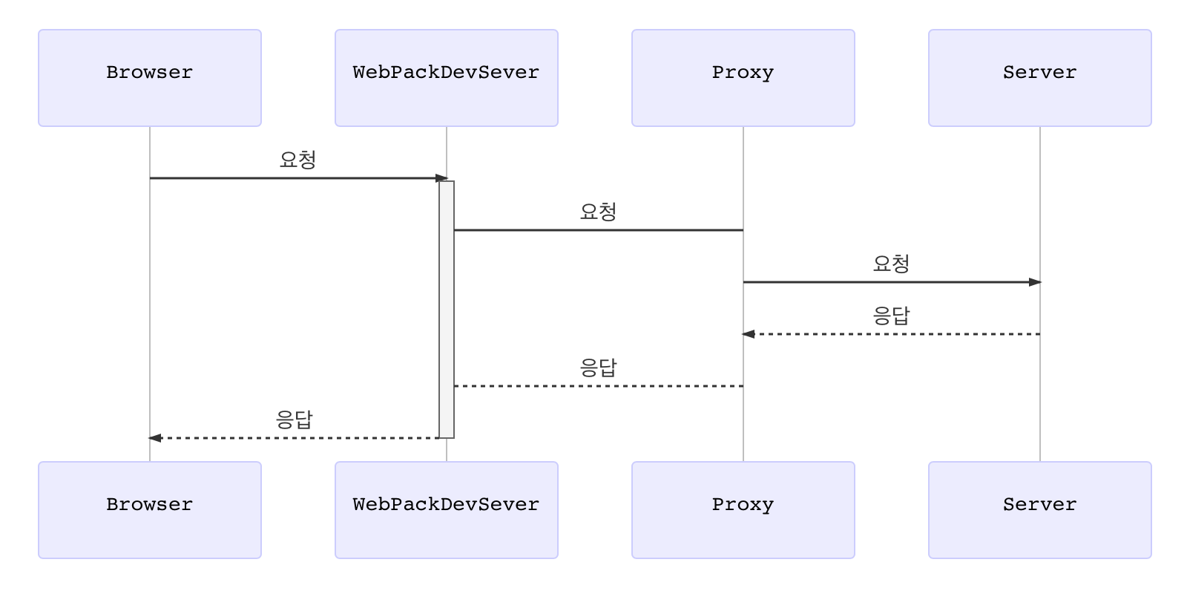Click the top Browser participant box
coord(150,78)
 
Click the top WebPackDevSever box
coord(447,78)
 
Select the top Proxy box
coord(743,78)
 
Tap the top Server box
coord(1040,78)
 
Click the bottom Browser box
coord(150,510)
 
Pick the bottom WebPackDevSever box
coord(447,510)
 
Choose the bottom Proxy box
coord(743,510)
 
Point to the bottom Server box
coord(1040,510)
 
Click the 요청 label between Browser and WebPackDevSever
coord(298,160)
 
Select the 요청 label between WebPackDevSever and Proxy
coord(598,212)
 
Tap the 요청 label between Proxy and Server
coord(892,264)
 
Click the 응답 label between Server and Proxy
coord(892,316)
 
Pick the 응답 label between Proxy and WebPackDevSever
coord(598,368)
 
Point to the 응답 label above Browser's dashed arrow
coord(295,420)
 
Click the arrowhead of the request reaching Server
coord(1035,282)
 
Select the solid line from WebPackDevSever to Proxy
coord(598,230)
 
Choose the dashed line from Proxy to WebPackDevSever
coord(598,386)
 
